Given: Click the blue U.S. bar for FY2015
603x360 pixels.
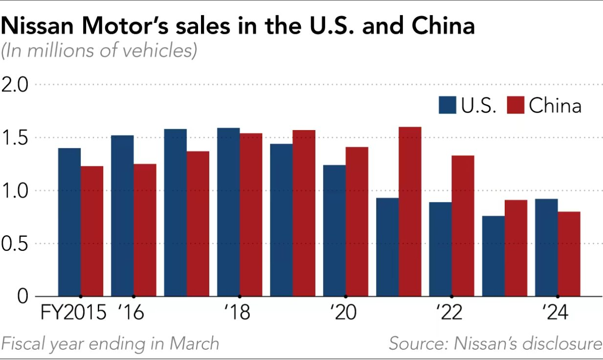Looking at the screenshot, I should click(x=69, y=222).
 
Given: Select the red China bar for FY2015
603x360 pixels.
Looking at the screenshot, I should click(x=92, y=231).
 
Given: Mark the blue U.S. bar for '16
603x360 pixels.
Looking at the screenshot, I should click(x=122, y=215).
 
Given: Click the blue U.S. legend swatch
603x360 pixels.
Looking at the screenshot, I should click(x=447, y=105).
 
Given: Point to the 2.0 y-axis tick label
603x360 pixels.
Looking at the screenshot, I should click(x=16, y=85).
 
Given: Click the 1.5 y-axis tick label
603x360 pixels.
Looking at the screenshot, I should click(x=16, y=137).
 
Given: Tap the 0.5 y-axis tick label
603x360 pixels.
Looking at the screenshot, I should click(x=16, y=243).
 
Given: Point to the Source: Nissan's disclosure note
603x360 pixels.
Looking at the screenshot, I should click(x=495, y=343).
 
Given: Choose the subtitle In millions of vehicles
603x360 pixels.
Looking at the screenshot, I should click(x=99, y=51).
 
